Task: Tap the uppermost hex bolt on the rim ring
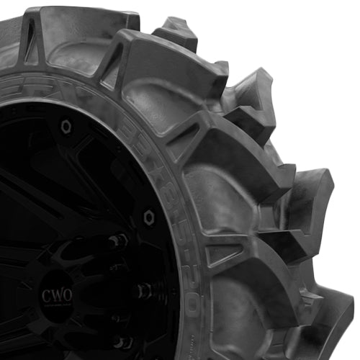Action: click(x=66, y=127)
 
